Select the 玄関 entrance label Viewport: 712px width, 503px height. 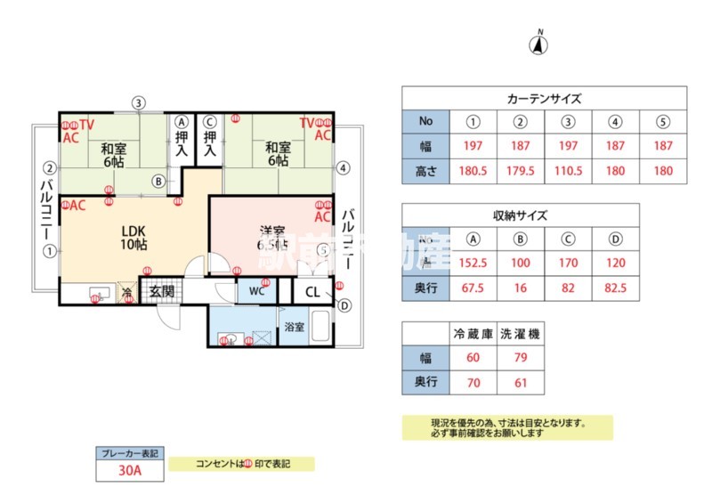(161, 291)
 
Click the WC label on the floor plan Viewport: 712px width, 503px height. (256, 291)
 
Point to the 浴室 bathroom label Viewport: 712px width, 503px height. (294, 327)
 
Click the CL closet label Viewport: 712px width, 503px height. (314, 291)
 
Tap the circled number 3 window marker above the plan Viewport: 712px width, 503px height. (138, 102)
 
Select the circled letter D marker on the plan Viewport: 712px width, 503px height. (344, 305)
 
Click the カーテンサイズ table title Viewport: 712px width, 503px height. (544, 98)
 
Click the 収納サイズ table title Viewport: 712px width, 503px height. (521, 215)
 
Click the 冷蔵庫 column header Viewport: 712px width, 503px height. (473, 334)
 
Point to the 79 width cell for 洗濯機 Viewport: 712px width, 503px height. (520, 358)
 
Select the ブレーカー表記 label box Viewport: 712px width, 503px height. (129, 453)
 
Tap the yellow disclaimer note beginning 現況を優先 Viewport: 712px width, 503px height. (506, 428)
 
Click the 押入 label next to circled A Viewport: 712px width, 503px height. (182, 144)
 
